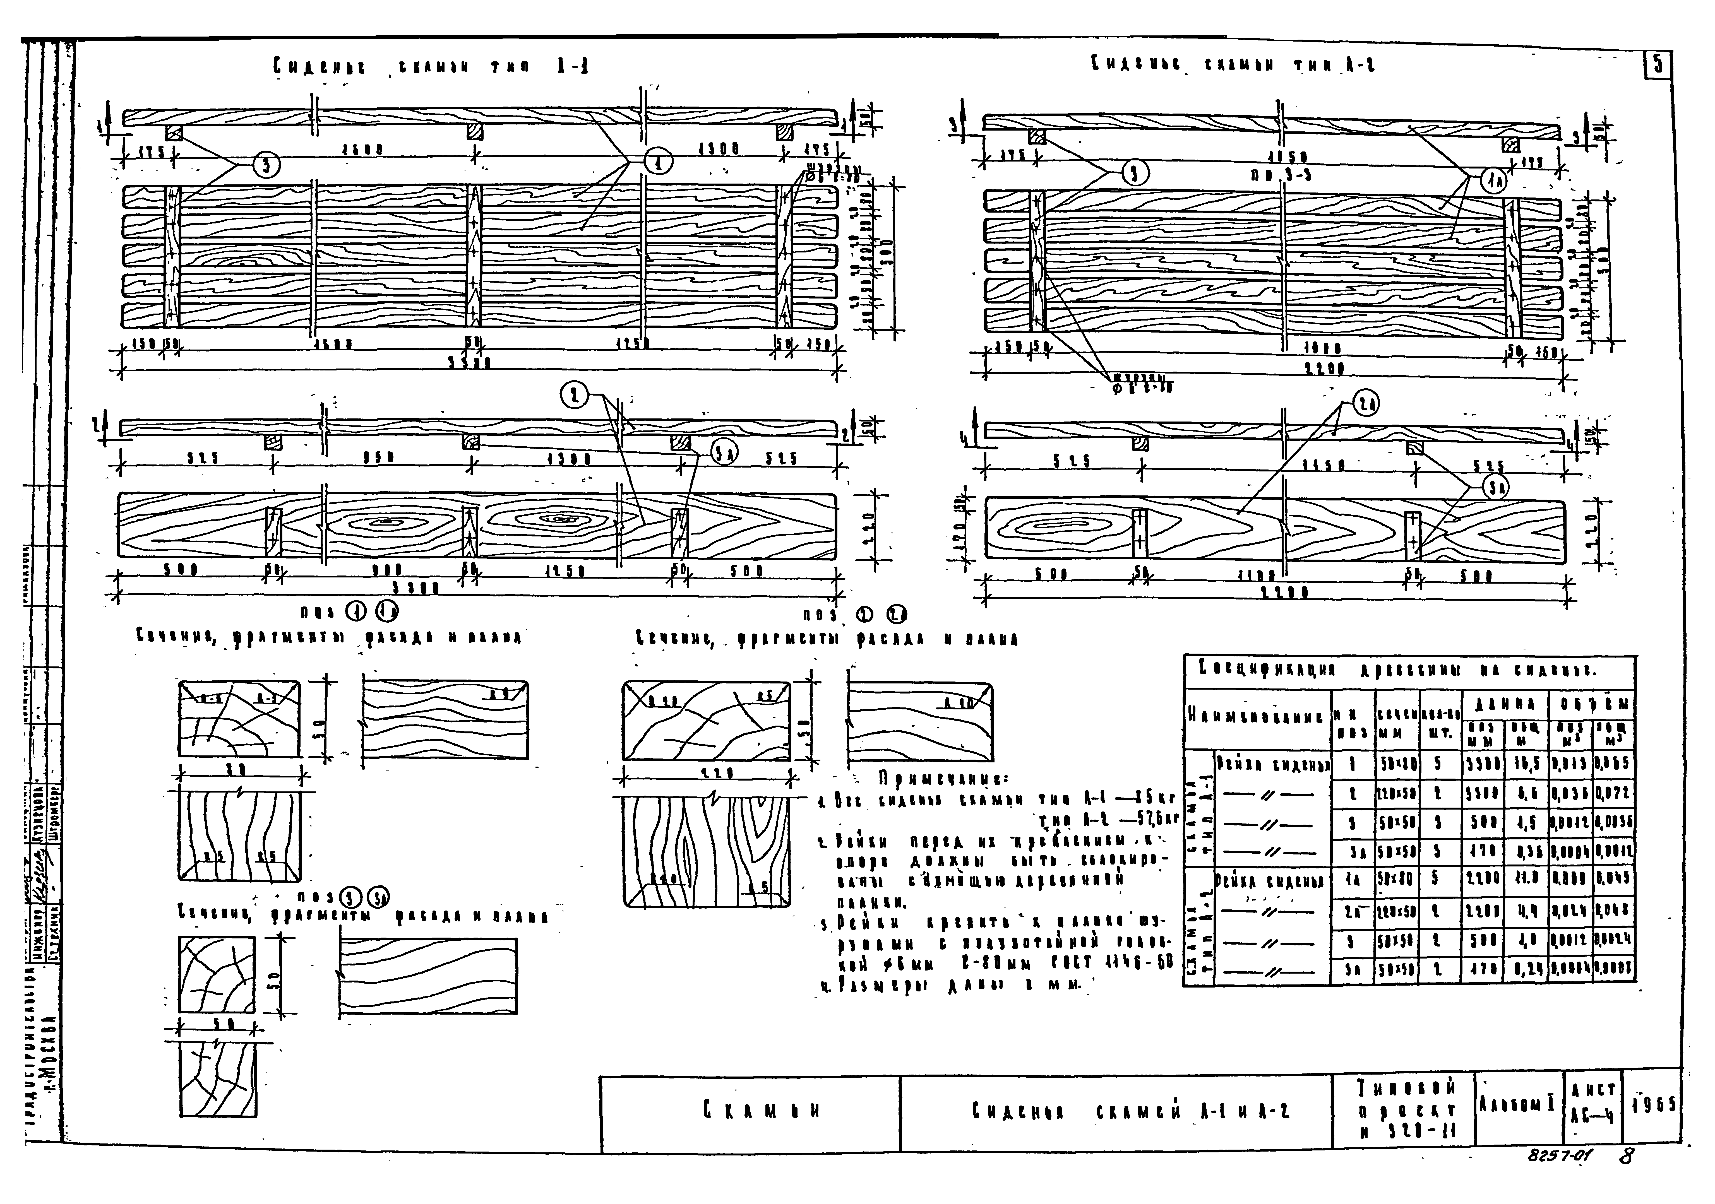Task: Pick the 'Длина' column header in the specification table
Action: [x=1504, y=704]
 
